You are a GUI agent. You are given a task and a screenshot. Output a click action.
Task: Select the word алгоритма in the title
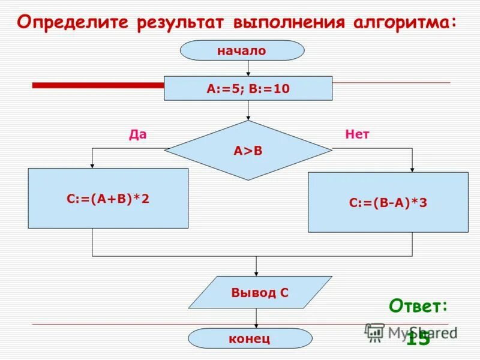(x=404, y=22)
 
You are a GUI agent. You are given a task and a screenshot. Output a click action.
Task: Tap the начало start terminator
(x=242, y=50)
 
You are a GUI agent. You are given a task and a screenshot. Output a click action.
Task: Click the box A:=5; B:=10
(x=248, y=88)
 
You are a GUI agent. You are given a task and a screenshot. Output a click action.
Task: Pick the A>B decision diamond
(x=248, y=150)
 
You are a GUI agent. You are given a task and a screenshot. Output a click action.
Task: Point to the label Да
(x=137, y=134)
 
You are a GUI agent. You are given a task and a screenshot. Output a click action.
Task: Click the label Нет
(x=357, y=134)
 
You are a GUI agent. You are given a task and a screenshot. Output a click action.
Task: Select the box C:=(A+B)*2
(x=108, y=198)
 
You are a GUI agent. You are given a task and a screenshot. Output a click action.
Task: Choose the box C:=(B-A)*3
(x=388, y=202)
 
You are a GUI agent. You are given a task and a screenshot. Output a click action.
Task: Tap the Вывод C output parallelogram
(x=260, y=292)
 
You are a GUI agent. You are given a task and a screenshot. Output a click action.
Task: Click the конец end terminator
(x=250, y=338)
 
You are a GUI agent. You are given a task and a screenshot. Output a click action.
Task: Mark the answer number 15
(x=418, y=339)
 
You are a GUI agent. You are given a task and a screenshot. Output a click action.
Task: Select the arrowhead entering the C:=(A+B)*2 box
(x=92, y=165)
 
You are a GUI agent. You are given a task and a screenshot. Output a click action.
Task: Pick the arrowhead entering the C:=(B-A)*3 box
(x=413, y=169)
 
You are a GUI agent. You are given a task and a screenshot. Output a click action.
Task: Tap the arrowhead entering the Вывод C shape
(x=256, y=273)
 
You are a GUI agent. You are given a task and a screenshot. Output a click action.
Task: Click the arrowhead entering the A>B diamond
(x=248, y=118)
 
